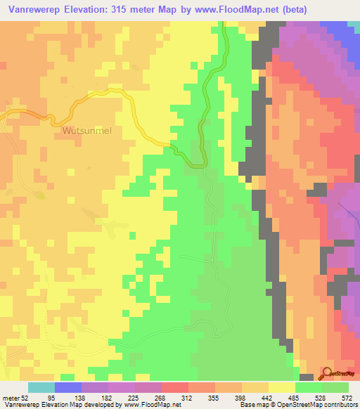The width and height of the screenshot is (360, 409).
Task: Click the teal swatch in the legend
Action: click(41, 387)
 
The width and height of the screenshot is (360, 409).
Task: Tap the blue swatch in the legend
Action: click(68, 387)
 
